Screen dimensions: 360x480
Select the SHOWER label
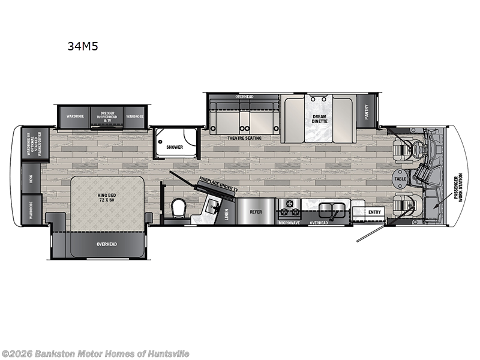175,146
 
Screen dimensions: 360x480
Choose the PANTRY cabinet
366,112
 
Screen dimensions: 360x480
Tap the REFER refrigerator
256,211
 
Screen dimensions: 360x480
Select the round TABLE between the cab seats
400,178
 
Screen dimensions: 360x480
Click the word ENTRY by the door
374,211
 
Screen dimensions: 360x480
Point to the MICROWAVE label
289,223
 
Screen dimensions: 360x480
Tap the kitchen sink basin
331,209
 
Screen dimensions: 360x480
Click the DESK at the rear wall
31,178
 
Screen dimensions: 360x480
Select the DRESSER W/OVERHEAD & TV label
107,117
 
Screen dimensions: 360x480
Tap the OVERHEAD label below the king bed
107,244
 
